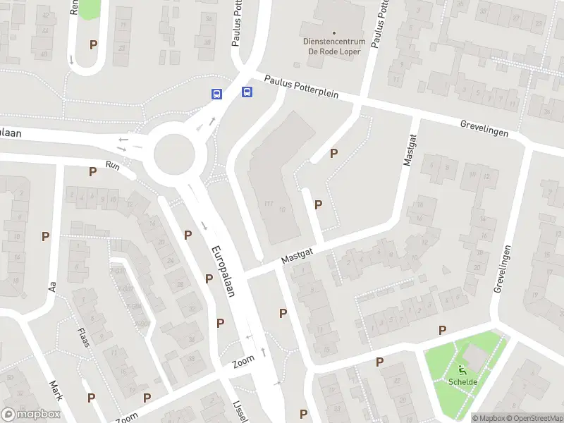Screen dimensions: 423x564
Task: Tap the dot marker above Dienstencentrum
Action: pos(334,32)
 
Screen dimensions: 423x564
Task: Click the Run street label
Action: pos(113,165)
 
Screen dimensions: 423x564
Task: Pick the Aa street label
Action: pos(51,287)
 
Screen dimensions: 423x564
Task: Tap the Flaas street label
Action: pos(84,336)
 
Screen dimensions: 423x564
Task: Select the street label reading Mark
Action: pos(56,390)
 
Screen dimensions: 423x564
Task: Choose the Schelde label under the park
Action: pos(462,382)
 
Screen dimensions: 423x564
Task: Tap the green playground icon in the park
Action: pos(462,369)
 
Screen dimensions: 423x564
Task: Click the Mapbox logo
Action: pos(30,415)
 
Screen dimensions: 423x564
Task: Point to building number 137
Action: pos(269,204)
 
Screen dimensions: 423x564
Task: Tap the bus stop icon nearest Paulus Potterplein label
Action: pos(247,92)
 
